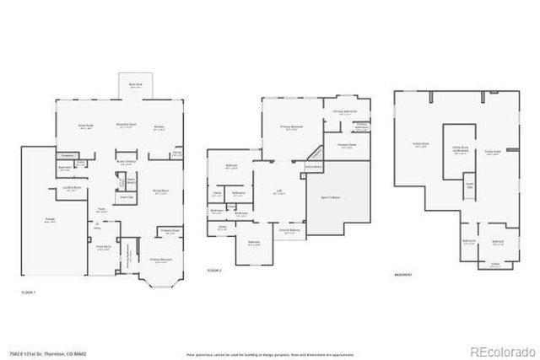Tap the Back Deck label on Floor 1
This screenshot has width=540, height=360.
click(x=134, y=85)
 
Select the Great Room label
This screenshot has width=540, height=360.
click(x=86, y=126)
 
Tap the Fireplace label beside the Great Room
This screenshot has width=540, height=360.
click(x=69, y=155)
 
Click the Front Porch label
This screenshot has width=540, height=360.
click(x=103, y=247)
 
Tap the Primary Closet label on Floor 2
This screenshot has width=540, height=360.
click(x=347, y=144)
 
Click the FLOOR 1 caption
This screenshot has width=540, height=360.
click(x=28, y=291)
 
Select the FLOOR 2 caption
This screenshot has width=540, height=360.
click(x=214, y=270)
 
